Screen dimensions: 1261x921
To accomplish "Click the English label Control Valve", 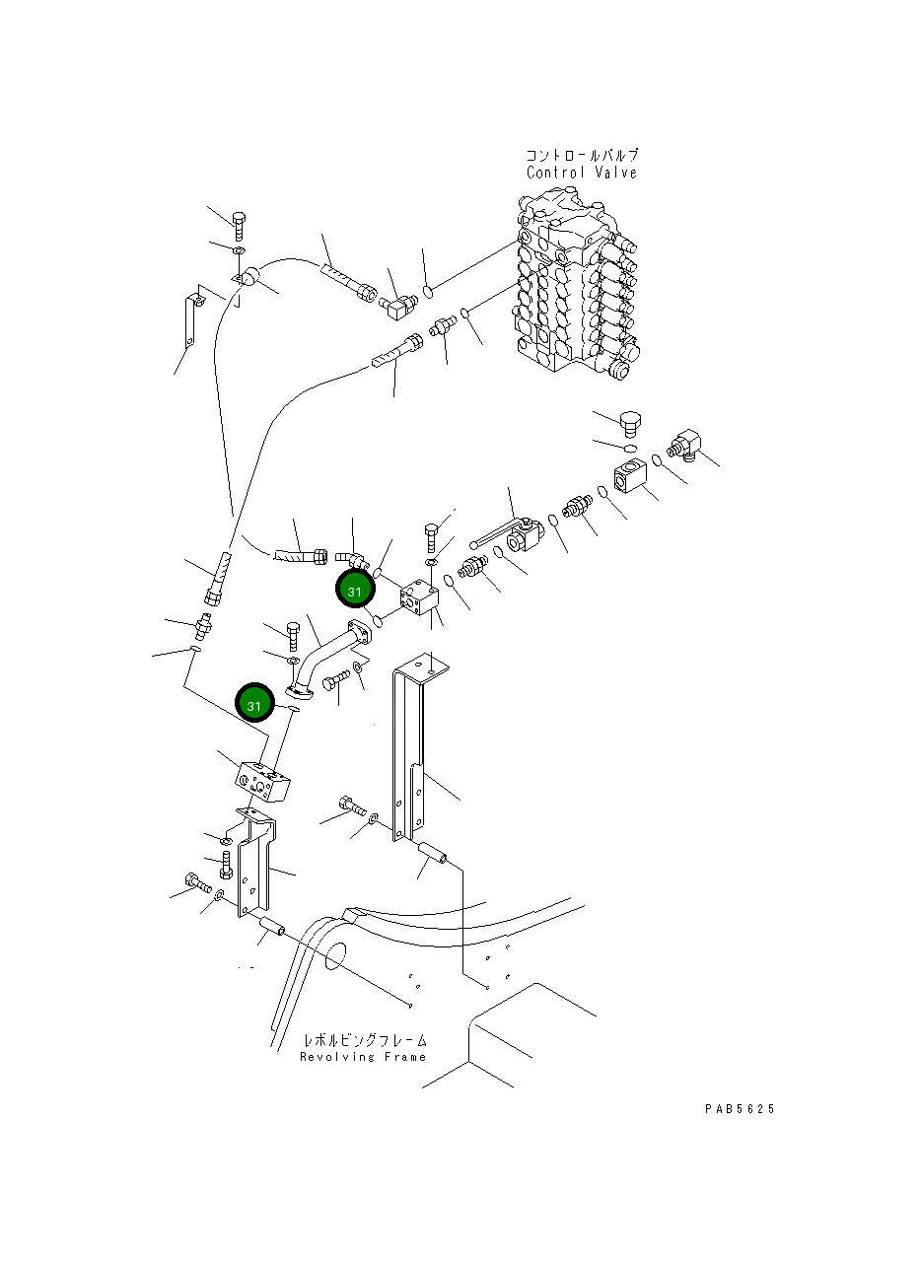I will pos(581,173).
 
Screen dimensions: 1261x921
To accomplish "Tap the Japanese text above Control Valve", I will pos(581,155).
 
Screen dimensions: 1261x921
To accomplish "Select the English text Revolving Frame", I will pos(363,1057).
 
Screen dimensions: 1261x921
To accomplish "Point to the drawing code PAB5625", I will pos(740,1109).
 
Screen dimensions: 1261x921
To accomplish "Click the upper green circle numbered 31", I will pos(354,590).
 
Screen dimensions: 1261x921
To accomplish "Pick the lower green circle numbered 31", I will pos(254,705).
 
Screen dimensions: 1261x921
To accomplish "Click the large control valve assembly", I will pos(569,286).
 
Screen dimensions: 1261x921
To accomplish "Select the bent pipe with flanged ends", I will pos(325,658).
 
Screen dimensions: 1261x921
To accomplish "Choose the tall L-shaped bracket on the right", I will pos(412,749).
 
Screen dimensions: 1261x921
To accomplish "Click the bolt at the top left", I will pos(238,225).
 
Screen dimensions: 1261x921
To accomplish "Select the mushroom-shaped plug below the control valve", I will pos(630,425).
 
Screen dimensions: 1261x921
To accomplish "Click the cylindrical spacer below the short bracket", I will pos(273,927).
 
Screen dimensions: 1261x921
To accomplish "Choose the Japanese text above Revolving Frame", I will pos(365,1040).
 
